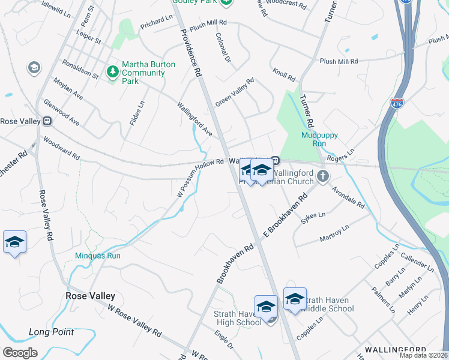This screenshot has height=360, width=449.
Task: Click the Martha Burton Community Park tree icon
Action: tap(112, 72)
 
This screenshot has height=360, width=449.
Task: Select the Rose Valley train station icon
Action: tap(46, 120)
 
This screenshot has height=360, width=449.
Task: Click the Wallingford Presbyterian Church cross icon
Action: tap(323, 176)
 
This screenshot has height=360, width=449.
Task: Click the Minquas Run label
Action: tap(98, 256)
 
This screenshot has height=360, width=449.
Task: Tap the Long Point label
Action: tap(51, 332)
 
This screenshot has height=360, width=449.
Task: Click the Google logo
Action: tap(20, 353)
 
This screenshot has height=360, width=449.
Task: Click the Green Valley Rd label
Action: tap(235, 92)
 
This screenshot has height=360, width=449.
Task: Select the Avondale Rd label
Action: tap(349, 196)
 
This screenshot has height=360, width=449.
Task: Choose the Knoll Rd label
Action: tap(284, 75)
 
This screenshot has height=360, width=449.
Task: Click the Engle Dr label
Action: tap(226, 338)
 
